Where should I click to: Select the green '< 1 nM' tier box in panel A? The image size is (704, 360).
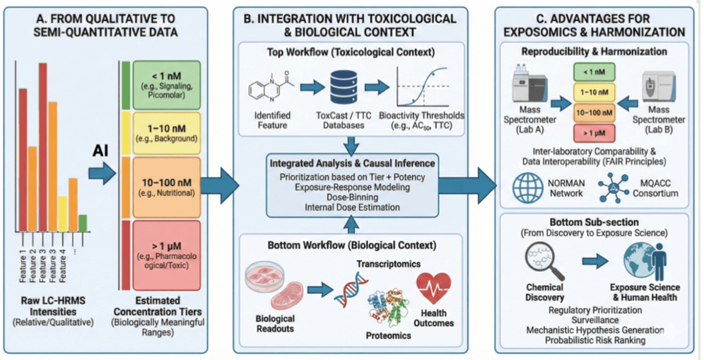pyautogui.click(x=165, y=84)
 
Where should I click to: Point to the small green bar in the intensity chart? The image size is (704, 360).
pyautogui.click(x=83, y=223)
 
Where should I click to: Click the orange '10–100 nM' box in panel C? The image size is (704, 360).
pyautogui.click(x=592, y=112)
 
